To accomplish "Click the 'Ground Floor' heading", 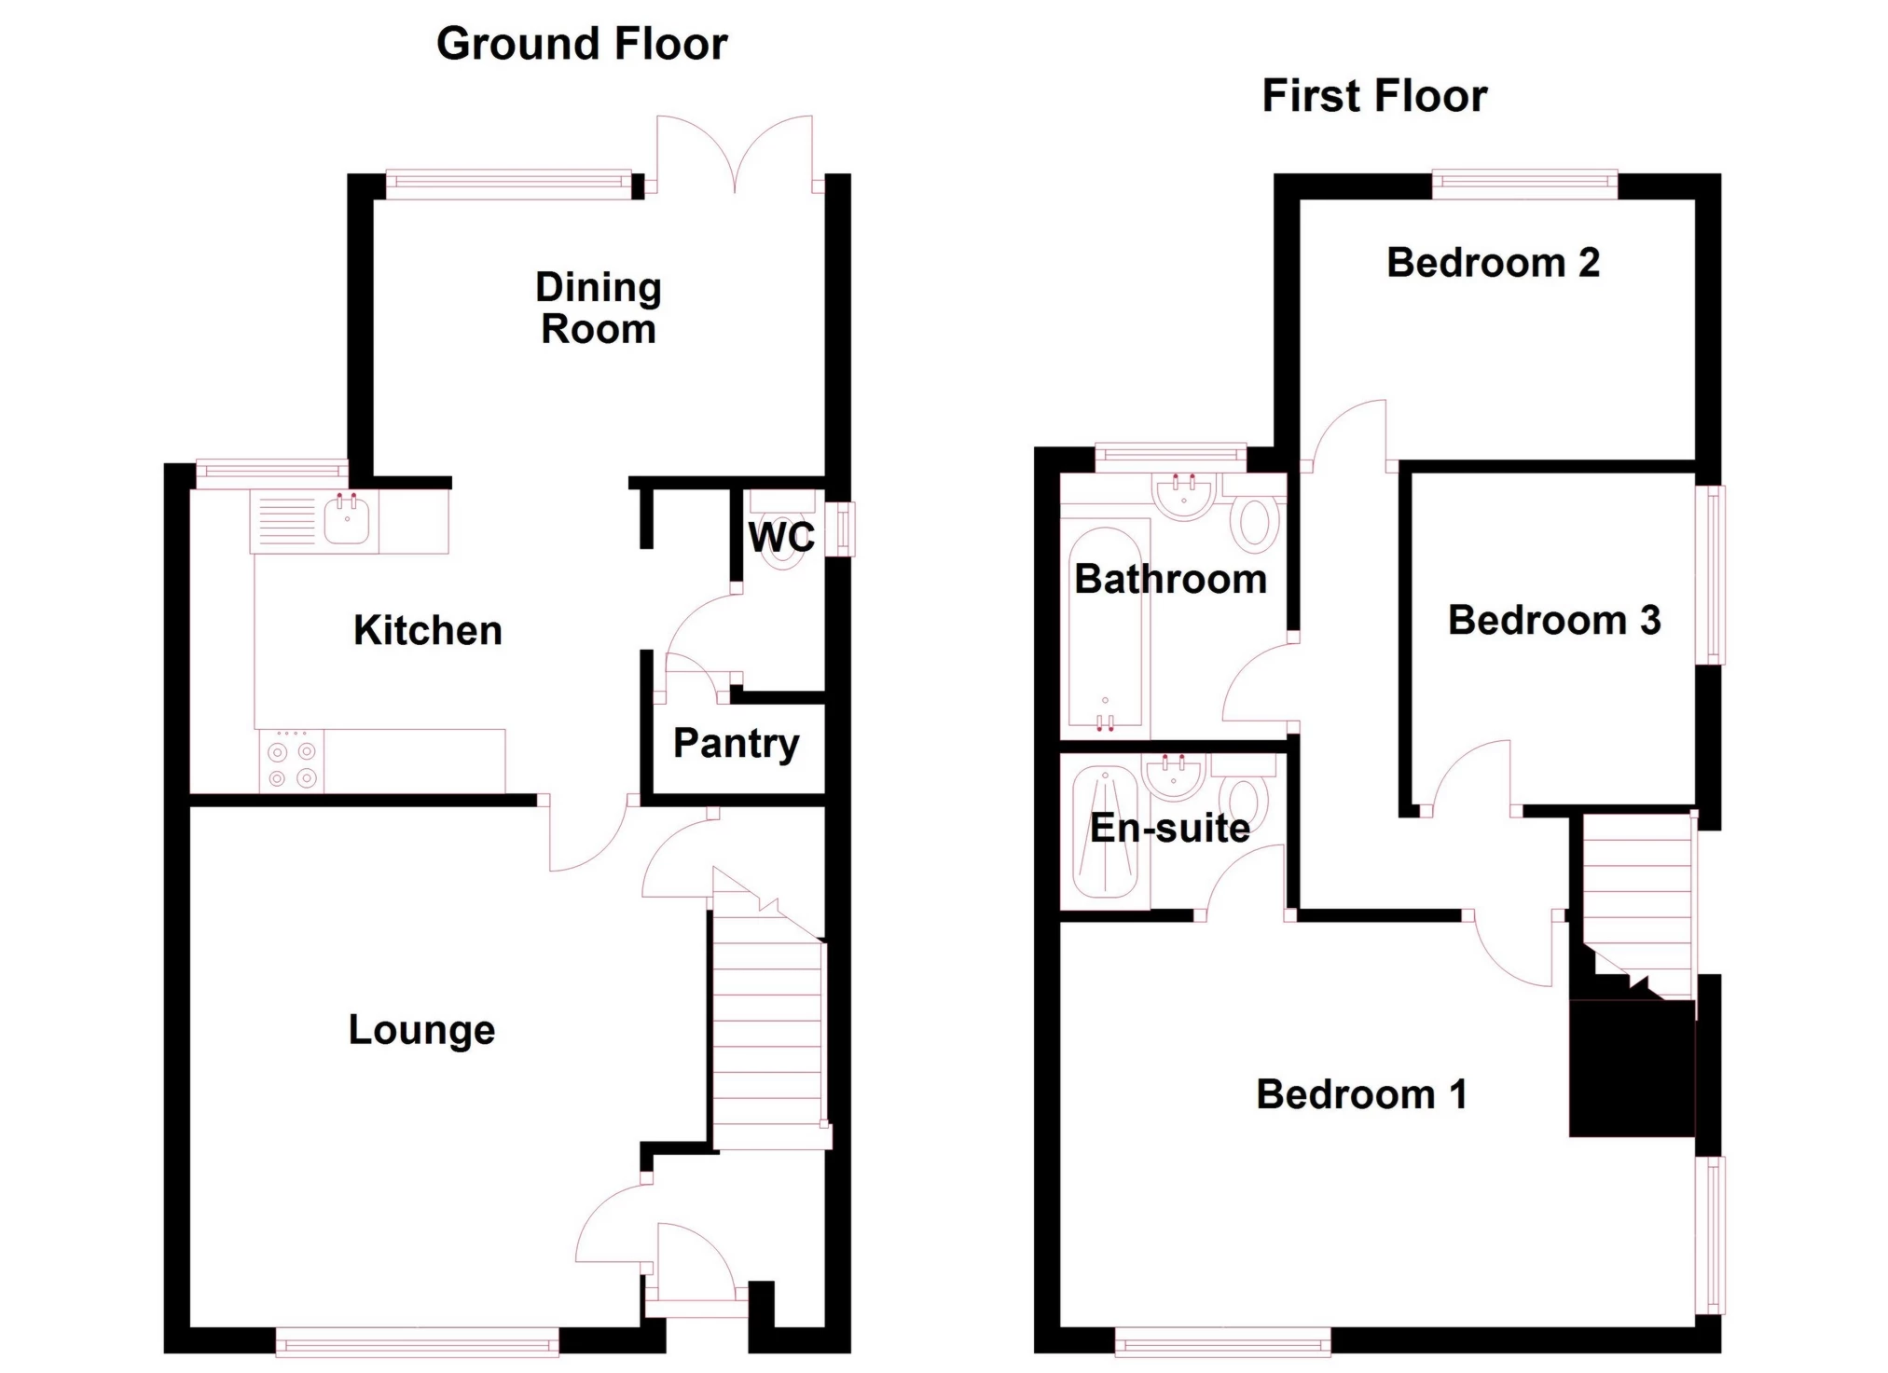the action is [582, 45].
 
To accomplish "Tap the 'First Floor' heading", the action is [1374, 97].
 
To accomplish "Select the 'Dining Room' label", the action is [599, 309].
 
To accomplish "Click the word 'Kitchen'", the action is [428, 631].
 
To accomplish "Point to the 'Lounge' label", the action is [421, 1031].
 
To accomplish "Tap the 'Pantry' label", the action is [737, 744].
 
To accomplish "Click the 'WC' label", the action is [781, 537].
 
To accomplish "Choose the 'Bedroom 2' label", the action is [1494, 263].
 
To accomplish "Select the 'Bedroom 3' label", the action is [1554, 621].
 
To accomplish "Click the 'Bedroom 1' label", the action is [1361, 1094].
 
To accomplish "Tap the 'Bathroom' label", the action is [1171, 580].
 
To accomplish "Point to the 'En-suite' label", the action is [1170, 828].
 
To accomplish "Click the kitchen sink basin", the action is [347, 520].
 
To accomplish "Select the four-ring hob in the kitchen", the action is [292, 762].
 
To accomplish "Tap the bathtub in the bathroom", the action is [1106, 626].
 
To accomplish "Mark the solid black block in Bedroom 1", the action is [1633, 1068].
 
